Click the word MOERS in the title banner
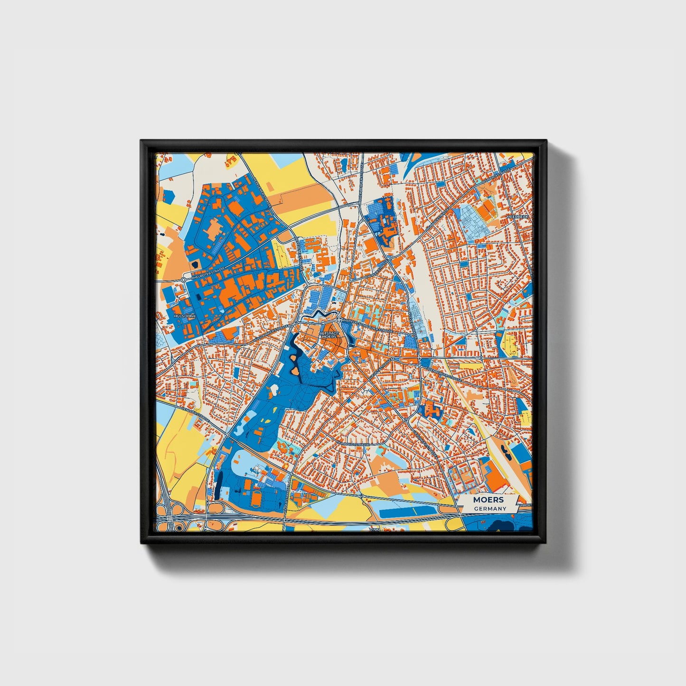tap(488, 500)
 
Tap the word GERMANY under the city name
tap(490, 508)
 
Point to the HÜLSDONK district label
tap(185, 316)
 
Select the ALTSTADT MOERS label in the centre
tap(329, 335)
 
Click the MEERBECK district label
tap(517, 216)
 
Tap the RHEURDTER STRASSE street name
tap(207, 272)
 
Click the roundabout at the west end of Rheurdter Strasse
tap(183, 280)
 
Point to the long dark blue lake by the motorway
tap(404, 512)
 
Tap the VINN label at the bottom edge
tap(375, 529)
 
